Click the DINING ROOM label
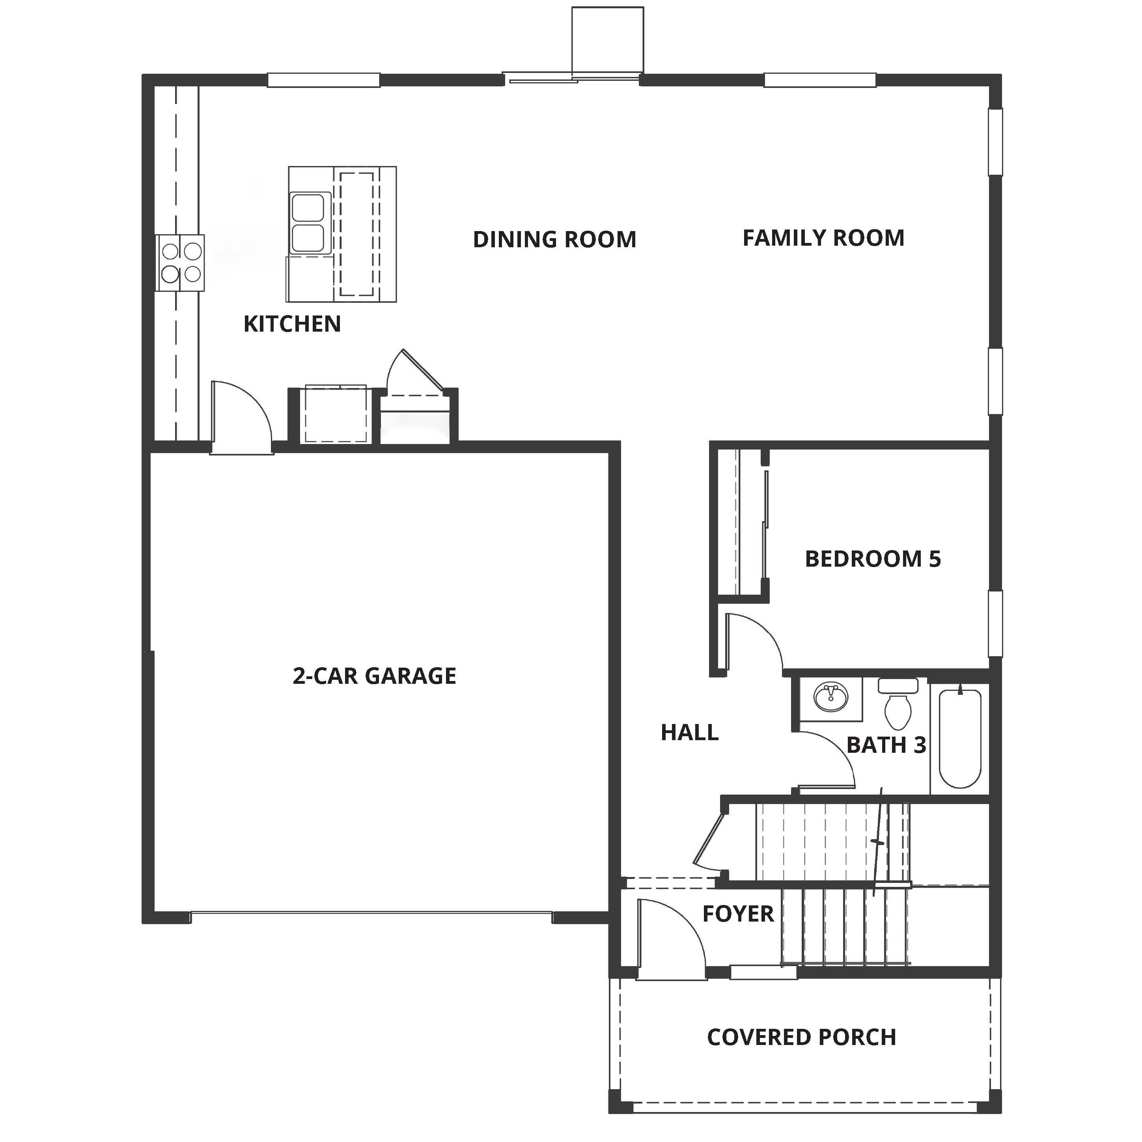pos(554,239)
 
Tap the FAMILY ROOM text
pos(823,238)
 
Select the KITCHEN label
pos(292,324)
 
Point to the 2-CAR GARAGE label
pos(374,675)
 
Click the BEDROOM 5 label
pos(872,559)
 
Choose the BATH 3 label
pos(886,745)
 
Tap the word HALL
pos(689,732)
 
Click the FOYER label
pos(738,914)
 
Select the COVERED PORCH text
pos(802,1037)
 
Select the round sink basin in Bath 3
pos(830,698)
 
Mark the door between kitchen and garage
pos(241,417)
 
